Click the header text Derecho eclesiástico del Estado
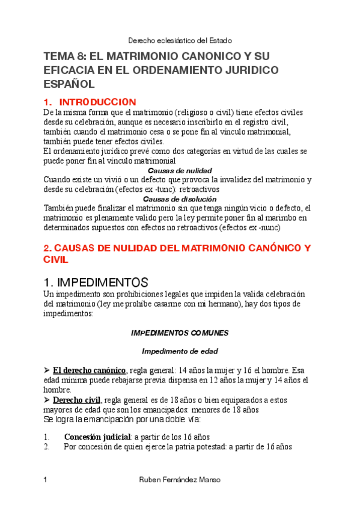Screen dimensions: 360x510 click(180, 41)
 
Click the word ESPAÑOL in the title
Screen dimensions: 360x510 click(69, 84)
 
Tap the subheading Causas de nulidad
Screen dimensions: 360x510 click(180, 170)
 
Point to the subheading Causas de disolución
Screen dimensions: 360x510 click(180, 198)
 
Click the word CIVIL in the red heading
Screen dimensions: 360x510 click(56, 260)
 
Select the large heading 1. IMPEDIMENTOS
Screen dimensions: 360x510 click(96, 281)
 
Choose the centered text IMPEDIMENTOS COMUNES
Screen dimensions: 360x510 click(180, 333)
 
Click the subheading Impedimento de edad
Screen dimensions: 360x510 click(180, 351)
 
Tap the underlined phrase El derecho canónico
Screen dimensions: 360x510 click(90, 370)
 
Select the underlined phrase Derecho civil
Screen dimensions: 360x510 click(78, 399)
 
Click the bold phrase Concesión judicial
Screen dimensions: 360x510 click(98, 437)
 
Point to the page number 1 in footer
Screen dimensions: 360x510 click(46, 480)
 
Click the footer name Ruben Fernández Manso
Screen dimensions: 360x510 click(180, 480)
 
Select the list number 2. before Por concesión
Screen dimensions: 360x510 click(47, 447)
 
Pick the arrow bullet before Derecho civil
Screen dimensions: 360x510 click(47, 399)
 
